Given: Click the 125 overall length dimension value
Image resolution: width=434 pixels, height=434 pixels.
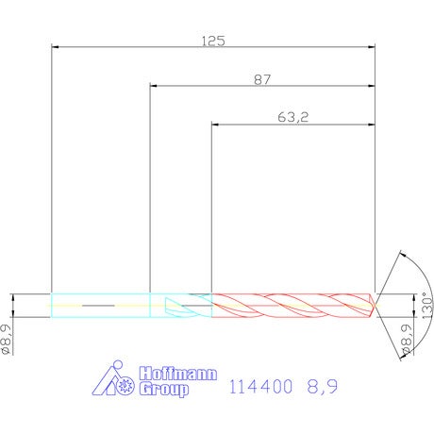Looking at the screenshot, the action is [x=213, y=42].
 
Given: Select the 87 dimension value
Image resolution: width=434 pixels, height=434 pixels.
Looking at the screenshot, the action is [x=262, y=80].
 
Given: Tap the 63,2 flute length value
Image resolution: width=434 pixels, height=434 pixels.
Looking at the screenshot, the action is [x=293, y=117].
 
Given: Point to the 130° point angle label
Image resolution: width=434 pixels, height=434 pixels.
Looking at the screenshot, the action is [x=427, y=306].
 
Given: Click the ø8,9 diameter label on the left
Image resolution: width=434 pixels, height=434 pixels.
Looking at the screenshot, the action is [x=7, y=340].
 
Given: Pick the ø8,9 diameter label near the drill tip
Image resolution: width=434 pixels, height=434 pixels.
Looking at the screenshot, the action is [x=406, y=340].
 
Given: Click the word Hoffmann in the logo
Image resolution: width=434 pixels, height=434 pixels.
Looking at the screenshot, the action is [x=178, y=374].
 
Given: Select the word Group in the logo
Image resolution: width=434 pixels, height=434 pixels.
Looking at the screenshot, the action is [x=164, y=390].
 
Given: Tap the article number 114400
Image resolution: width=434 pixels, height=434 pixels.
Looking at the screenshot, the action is [x=260, y=387].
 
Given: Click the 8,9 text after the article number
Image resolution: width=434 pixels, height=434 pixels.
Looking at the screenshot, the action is [x=323, y=387].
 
